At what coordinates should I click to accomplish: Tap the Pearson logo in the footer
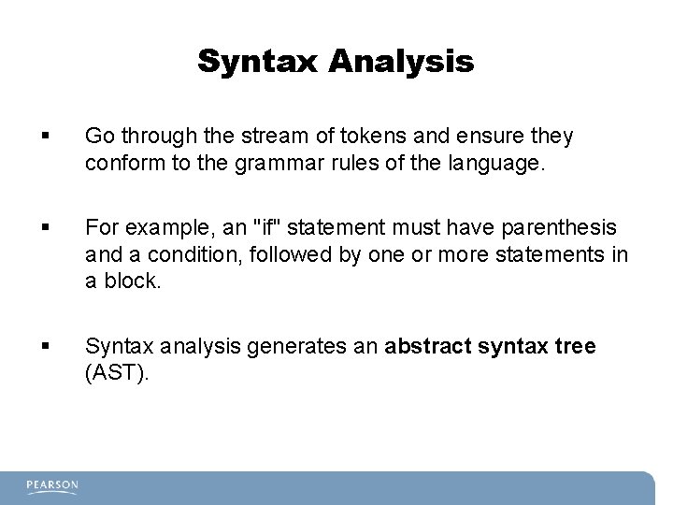point(52,486)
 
